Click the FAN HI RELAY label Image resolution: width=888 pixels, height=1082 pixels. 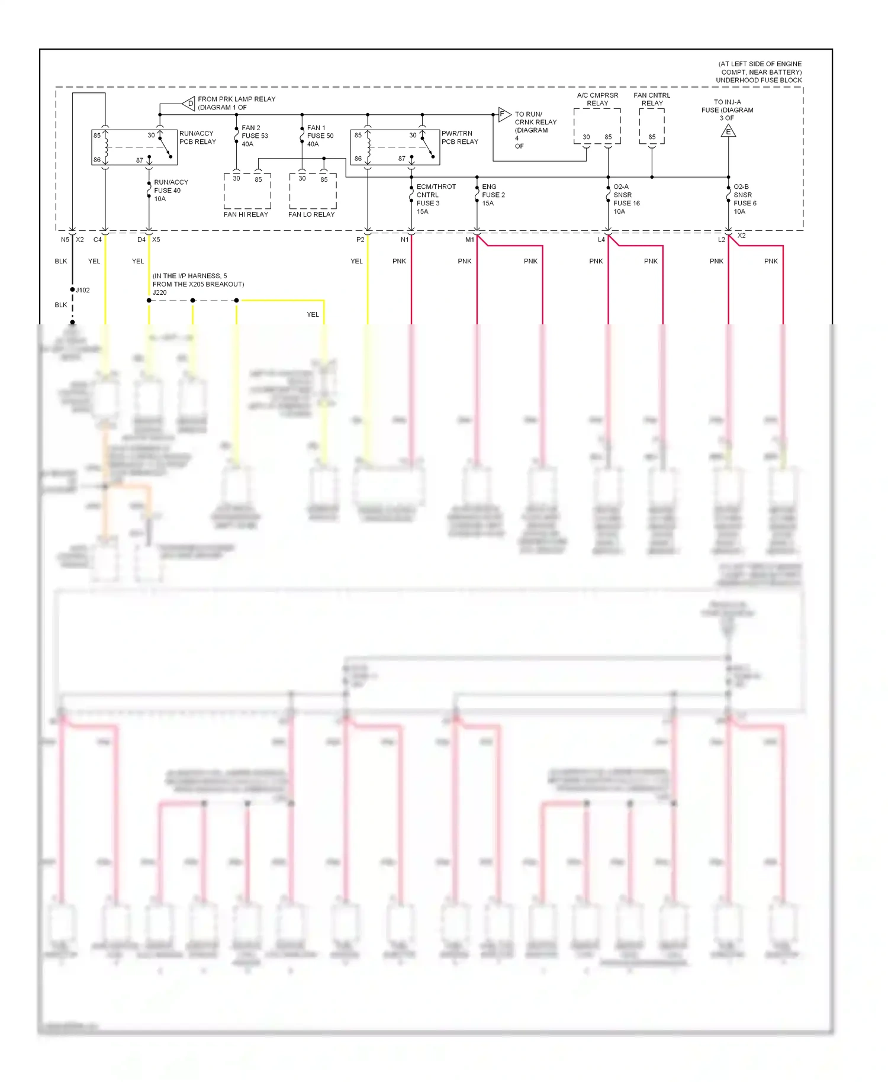246,214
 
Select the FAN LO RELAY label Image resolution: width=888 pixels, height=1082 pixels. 311,214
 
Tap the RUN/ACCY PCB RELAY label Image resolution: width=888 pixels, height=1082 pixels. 197,137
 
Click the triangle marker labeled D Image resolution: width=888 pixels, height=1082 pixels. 189,104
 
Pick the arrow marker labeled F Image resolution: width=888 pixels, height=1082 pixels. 503,114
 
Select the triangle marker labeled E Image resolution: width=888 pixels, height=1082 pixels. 728,131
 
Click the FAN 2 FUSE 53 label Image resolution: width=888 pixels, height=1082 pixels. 255,136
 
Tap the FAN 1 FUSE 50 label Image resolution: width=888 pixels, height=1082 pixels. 320,136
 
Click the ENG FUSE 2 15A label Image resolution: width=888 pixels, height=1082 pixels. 493,195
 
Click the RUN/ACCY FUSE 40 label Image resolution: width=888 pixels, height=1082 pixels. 170,191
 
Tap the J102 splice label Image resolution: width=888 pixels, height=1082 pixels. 83,290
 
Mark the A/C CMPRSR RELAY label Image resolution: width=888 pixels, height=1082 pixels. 597,99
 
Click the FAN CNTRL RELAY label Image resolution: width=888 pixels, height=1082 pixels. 652,99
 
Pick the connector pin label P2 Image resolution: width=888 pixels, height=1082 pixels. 360,240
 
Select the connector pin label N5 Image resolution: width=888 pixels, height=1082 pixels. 65,240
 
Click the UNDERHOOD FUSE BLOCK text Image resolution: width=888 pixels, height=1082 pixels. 758,80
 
